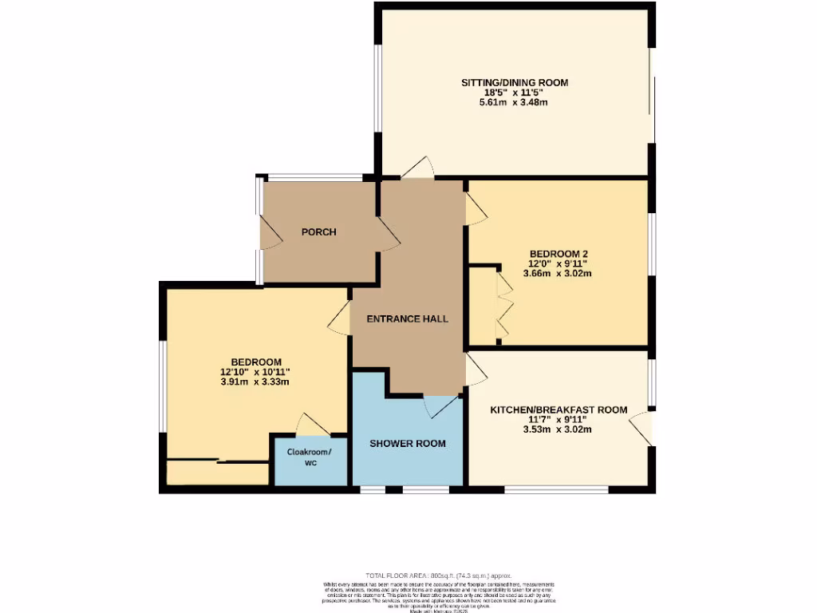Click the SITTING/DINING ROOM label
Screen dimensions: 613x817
click(514, 82)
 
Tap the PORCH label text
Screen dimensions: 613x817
click(318, 232)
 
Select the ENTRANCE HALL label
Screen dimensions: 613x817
click(407, 318)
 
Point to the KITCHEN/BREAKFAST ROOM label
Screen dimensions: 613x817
click(558, 409)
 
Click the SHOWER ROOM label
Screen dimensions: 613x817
click(407, 443)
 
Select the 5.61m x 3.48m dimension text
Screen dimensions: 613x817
click(514, 103)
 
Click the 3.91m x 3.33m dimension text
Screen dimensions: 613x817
click(255, 382)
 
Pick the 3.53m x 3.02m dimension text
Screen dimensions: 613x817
click(558, 429)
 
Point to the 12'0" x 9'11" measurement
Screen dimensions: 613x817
click(558, 263)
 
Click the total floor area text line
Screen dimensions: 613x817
click(438, 575)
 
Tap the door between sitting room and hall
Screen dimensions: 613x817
click(417, 168)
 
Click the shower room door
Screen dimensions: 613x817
click(440, 406)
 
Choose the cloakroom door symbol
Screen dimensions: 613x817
click(310, 425)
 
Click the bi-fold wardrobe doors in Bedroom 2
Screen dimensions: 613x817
click(503, 307)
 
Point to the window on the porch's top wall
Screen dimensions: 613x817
click(314, 177)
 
